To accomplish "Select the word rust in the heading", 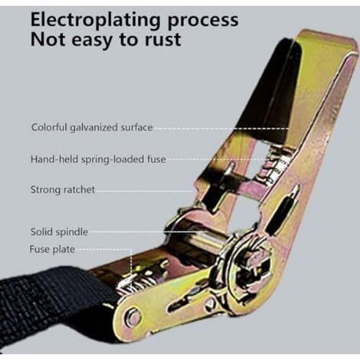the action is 163,40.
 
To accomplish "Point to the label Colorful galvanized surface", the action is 92,127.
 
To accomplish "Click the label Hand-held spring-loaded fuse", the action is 98,159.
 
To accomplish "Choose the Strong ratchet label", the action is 63,190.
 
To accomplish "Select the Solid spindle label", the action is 59,232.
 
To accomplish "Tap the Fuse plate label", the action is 52,249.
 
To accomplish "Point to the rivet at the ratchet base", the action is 133,316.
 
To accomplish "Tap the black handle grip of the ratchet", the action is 268,90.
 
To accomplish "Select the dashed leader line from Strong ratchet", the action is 144,191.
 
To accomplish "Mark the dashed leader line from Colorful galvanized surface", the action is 221,129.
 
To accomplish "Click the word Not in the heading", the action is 49,40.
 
